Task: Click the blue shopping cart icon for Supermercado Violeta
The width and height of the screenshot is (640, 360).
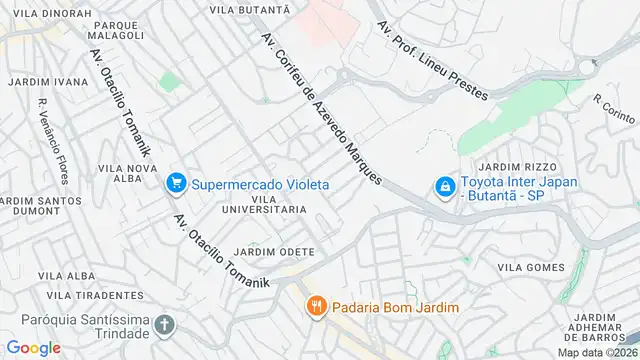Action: click(x=177, y=183)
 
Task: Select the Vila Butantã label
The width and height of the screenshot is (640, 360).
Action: click(x=249, y=8)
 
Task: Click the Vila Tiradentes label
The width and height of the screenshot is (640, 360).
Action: click(x=95, y=295)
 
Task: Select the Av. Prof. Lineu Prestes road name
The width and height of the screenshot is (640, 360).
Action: click(x=432, y=61)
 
